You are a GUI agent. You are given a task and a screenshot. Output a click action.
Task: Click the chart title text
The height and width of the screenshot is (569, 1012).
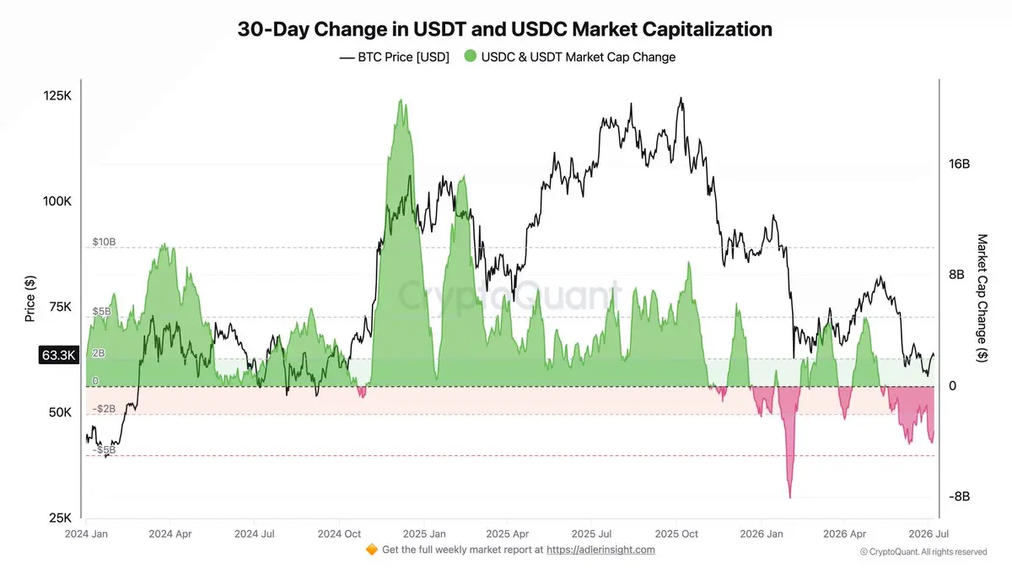click(x=504, y=30)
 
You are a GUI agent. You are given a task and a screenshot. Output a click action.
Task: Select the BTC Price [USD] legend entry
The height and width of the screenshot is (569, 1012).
click(x=395, y=57)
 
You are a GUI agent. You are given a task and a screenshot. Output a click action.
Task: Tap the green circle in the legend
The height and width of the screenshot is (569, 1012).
click(x=471, y=56)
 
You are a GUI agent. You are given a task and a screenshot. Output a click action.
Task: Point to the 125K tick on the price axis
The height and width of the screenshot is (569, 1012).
click(x=57, y=96)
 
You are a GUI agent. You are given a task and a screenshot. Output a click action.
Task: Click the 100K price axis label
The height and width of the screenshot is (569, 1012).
click(x=57, y=201)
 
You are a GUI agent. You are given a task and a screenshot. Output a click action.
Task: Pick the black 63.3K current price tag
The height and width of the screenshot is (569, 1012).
click(x=59, y=356)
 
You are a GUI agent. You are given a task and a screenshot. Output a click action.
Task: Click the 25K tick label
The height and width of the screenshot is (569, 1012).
click(x=60, y=518)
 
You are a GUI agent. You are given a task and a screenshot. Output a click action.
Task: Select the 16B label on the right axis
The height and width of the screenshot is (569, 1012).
click(x=959, y=164)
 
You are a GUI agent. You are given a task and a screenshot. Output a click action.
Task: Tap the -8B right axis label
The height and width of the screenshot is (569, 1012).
click(x=959, y=497)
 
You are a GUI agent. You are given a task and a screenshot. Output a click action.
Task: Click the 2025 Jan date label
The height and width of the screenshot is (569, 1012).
click(x=424, y=534)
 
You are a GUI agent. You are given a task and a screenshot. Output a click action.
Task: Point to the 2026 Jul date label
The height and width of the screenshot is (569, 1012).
click(x=929, y=534)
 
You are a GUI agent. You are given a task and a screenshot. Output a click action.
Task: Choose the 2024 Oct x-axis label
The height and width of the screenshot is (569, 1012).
click(x=339, y=534)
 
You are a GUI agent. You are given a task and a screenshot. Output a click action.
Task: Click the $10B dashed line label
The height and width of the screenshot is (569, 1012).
click(x=104, y=242)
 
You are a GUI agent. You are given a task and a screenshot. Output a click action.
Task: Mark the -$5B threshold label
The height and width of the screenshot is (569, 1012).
click(x=104, y=450)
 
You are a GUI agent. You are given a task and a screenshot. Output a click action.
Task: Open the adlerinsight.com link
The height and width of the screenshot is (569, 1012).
click(x=600, y=550)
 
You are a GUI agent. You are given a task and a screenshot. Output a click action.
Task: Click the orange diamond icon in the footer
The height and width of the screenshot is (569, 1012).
click(x=372, y=550)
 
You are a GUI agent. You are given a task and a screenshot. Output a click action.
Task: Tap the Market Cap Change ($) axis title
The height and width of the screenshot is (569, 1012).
click(x=982, y=298)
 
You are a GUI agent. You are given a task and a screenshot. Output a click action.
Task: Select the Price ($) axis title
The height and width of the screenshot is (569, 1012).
click(x=30, y=298)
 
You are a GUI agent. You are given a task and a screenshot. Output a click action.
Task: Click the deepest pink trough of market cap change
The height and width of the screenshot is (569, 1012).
click(x=789, y=497)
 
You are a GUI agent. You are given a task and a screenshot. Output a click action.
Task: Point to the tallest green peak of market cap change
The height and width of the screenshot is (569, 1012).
click(x=401, y=99)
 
